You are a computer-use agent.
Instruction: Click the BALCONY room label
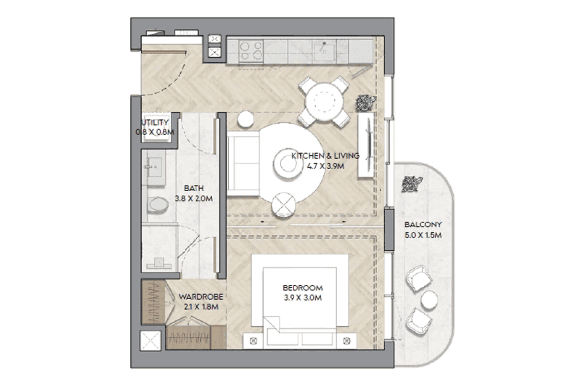coord(423,224)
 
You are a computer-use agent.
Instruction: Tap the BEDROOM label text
coord(302,288)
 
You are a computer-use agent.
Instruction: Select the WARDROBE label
coord(200,297)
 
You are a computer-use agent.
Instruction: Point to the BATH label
coord(194,188)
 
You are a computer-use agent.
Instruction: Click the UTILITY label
coord(155,123)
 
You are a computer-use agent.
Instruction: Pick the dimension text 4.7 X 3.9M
coord(326,166)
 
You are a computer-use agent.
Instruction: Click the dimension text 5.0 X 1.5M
coord(423,235)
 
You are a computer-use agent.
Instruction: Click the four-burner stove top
coord(251,51)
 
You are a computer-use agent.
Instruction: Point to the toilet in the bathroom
coord(157,204)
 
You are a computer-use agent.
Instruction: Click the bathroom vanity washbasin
coord(154,167)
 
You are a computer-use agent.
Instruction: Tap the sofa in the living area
coord(243,163)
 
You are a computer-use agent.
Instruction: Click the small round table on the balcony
coord(429,300)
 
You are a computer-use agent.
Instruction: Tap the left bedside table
coord(254,341)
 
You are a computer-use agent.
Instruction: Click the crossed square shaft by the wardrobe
coord(150,341)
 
